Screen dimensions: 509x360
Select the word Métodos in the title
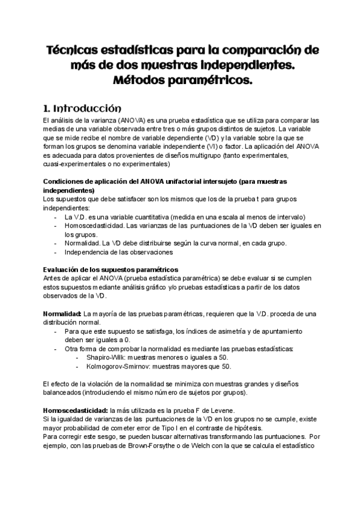click(140, 80)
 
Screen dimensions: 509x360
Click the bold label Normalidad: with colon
click(62, 313)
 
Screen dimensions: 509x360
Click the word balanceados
click(64, 393)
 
